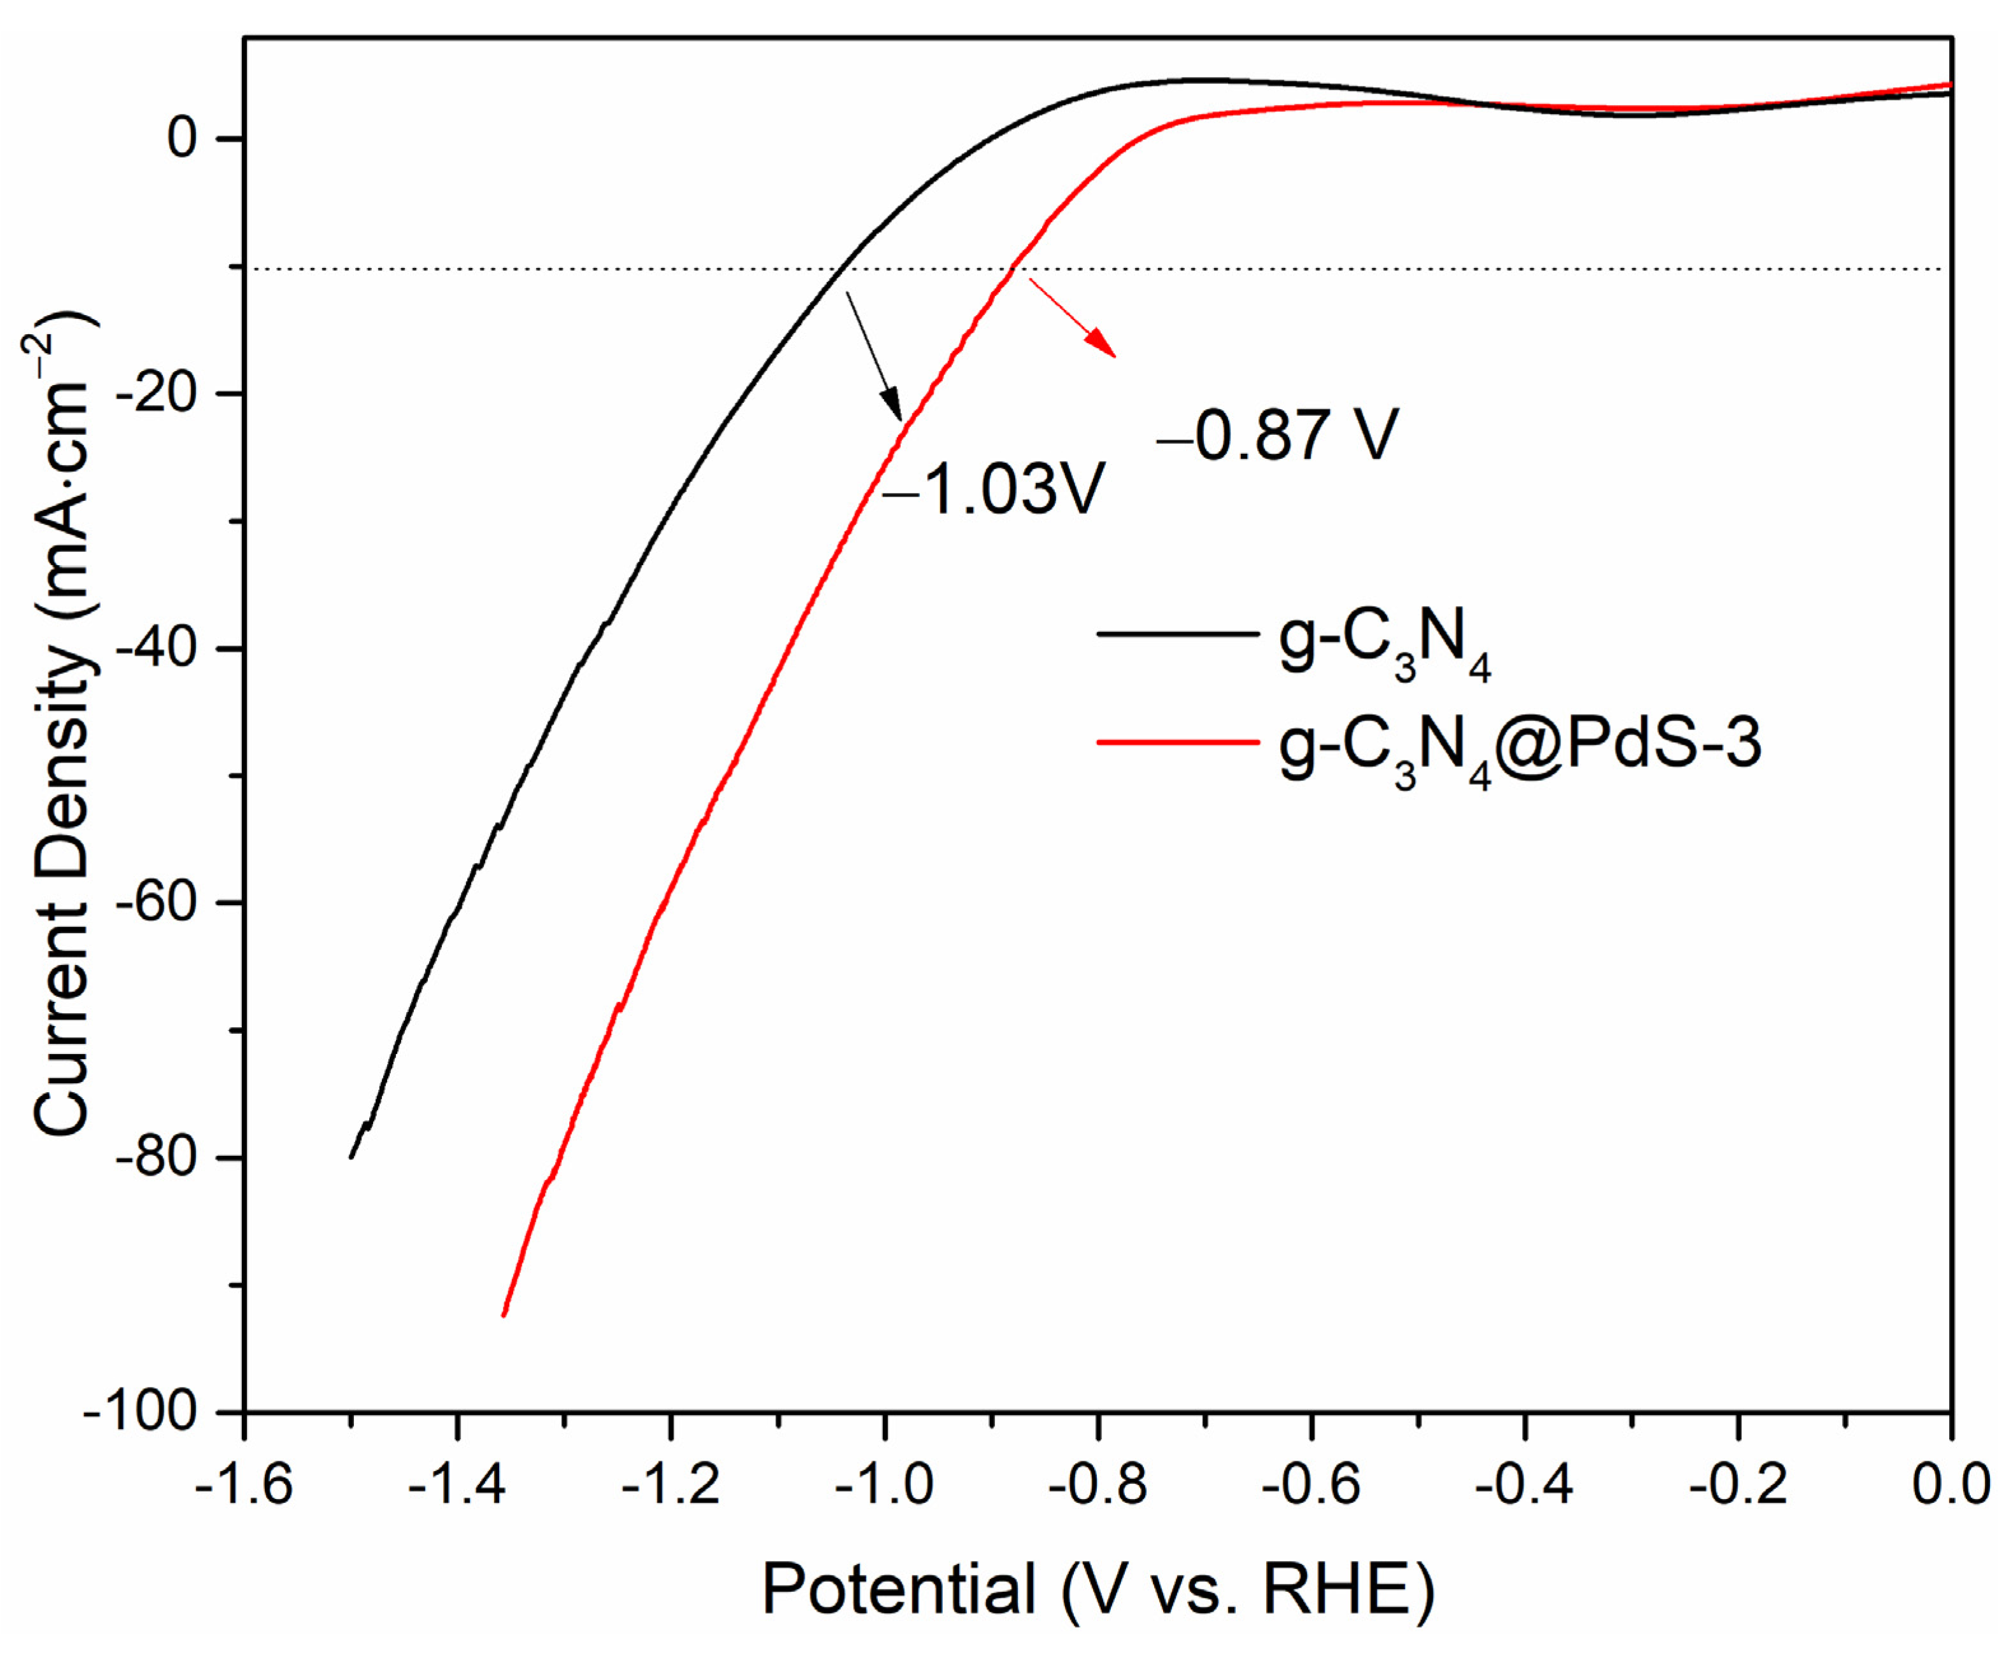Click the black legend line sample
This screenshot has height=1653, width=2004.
click(1177, 634)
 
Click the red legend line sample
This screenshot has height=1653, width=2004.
click(1177, 742)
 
